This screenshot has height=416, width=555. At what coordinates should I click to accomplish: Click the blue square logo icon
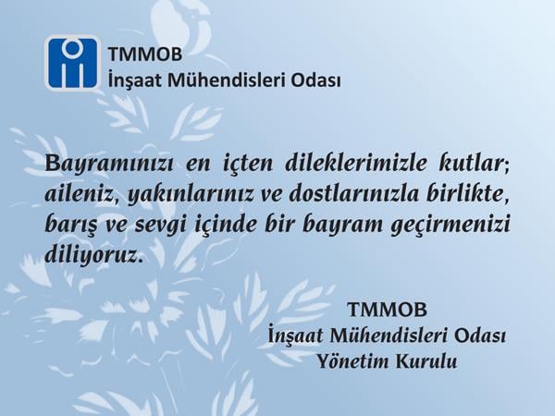coord(72,63)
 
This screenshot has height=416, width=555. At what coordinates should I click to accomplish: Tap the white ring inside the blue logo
coord(72,47)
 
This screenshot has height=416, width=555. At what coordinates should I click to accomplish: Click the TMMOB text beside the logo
coord(145,55)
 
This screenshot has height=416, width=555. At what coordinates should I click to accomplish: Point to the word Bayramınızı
coord(109,164)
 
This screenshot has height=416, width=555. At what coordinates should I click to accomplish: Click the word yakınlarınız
coord(190,195)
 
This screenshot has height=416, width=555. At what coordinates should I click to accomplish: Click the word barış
coord(65,226)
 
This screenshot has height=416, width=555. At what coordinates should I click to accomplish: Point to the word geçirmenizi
coord(450,226)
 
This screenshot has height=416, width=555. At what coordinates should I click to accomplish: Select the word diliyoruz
coord(92,255)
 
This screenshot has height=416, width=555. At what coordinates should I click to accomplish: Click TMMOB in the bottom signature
coord(388,310)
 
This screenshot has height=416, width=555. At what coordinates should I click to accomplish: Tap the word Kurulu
coord(426,361)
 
